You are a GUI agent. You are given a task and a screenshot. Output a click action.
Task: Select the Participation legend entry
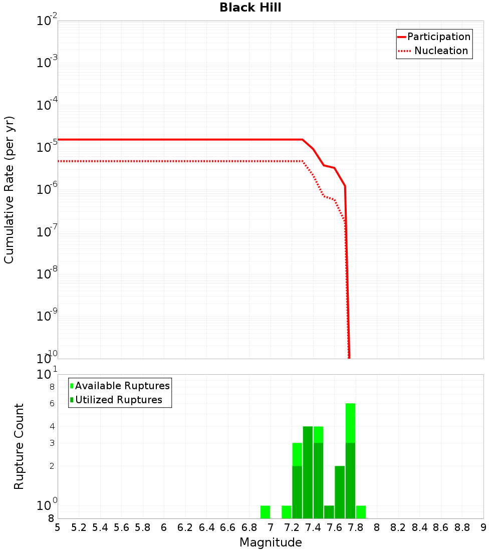439,37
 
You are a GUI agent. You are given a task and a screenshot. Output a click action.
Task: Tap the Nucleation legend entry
441,51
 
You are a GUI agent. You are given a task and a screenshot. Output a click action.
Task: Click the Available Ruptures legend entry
122,386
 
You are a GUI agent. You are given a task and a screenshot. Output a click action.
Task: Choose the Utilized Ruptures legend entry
118,400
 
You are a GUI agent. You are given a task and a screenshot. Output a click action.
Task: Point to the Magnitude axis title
271,542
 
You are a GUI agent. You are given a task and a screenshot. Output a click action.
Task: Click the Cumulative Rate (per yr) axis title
9,190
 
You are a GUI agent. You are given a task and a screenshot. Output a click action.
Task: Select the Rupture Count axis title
19,446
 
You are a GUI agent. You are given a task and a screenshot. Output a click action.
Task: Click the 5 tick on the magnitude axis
58,527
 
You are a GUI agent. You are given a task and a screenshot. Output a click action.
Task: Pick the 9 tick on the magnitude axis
483,527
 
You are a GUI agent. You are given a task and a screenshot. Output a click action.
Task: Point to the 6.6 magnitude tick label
228,527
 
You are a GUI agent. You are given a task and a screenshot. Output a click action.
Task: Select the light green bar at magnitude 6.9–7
266,512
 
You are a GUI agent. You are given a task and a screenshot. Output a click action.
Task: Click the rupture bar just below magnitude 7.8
351,461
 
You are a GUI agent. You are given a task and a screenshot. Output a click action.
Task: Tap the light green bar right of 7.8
361,512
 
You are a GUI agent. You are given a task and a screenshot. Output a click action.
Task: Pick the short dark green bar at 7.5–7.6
329,512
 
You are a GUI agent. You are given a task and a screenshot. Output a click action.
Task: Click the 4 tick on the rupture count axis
52,426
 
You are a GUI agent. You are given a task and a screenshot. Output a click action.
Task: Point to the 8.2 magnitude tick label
398,527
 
